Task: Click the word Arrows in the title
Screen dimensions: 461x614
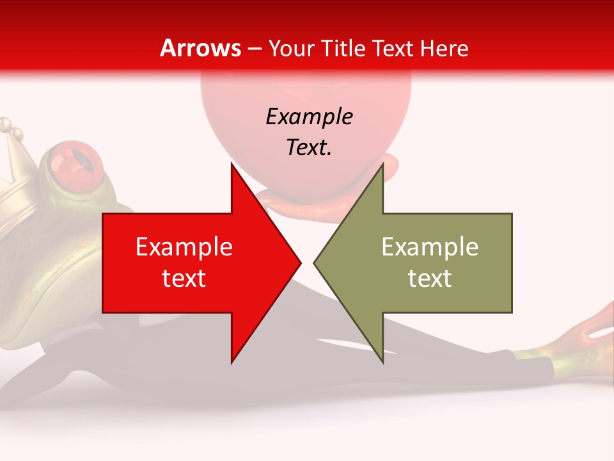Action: point(200,48)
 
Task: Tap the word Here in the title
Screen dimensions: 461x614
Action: point(445,48)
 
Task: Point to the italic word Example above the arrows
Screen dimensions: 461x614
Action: point(309,117)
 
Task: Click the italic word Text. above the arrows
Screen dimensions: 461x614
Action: point(309,147)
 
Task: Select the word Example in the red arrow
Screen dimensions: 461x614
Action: point(184,247)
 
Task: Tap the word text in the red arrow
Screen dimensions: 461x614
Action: point(184,278)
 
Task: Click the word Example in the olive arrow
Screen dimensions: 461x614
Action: point(430,247)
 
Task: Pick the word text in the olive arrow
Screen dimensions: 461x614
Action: point(430,278)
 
